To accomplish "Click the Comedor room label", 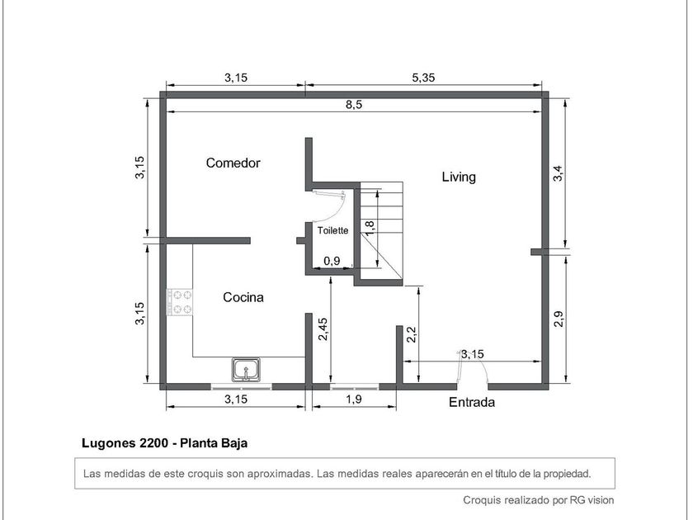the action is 233,163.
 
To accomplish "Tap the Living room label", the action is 459,177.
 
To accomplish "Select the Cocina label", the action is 243,297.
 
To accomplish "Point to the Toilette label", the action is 332,230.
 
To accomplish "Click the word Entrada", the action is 472,402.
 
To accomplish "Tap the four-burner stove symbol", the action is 180,302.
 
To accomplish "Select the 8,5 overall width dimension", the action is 354,105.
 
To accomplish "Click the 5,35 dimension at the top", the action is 423,78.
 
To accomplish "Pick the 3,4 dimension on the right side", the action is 559,173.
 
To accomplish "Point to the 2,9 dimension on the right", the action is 559,319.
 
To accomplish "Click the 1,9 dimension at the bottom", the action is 354,399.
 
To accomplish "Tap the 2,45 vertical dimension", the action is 323,329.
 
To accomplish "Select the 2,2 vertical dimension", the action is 411,334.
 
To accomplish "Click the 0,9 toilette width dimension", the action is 332,261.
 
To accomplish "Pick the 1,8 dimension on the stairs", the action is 370,227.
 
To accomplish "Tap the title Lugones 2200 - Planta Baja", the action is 164,443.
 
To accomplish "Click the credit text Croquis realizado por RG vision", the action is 538,500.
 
